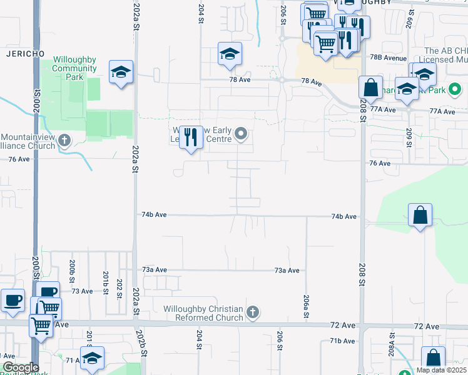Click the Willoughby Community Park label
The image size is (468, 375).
74,68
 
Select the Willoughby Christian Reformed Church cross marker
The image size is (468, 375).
252,312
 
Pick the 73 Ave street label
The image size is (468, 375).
81,291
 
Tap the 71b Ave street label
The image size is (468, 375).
342,341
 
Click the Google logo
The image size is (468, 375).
20,368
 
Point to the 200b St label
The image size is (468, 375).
73,269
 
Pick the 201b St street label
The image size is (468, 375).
106,284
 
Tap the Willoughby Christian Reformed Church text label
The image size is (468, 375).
203,313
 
